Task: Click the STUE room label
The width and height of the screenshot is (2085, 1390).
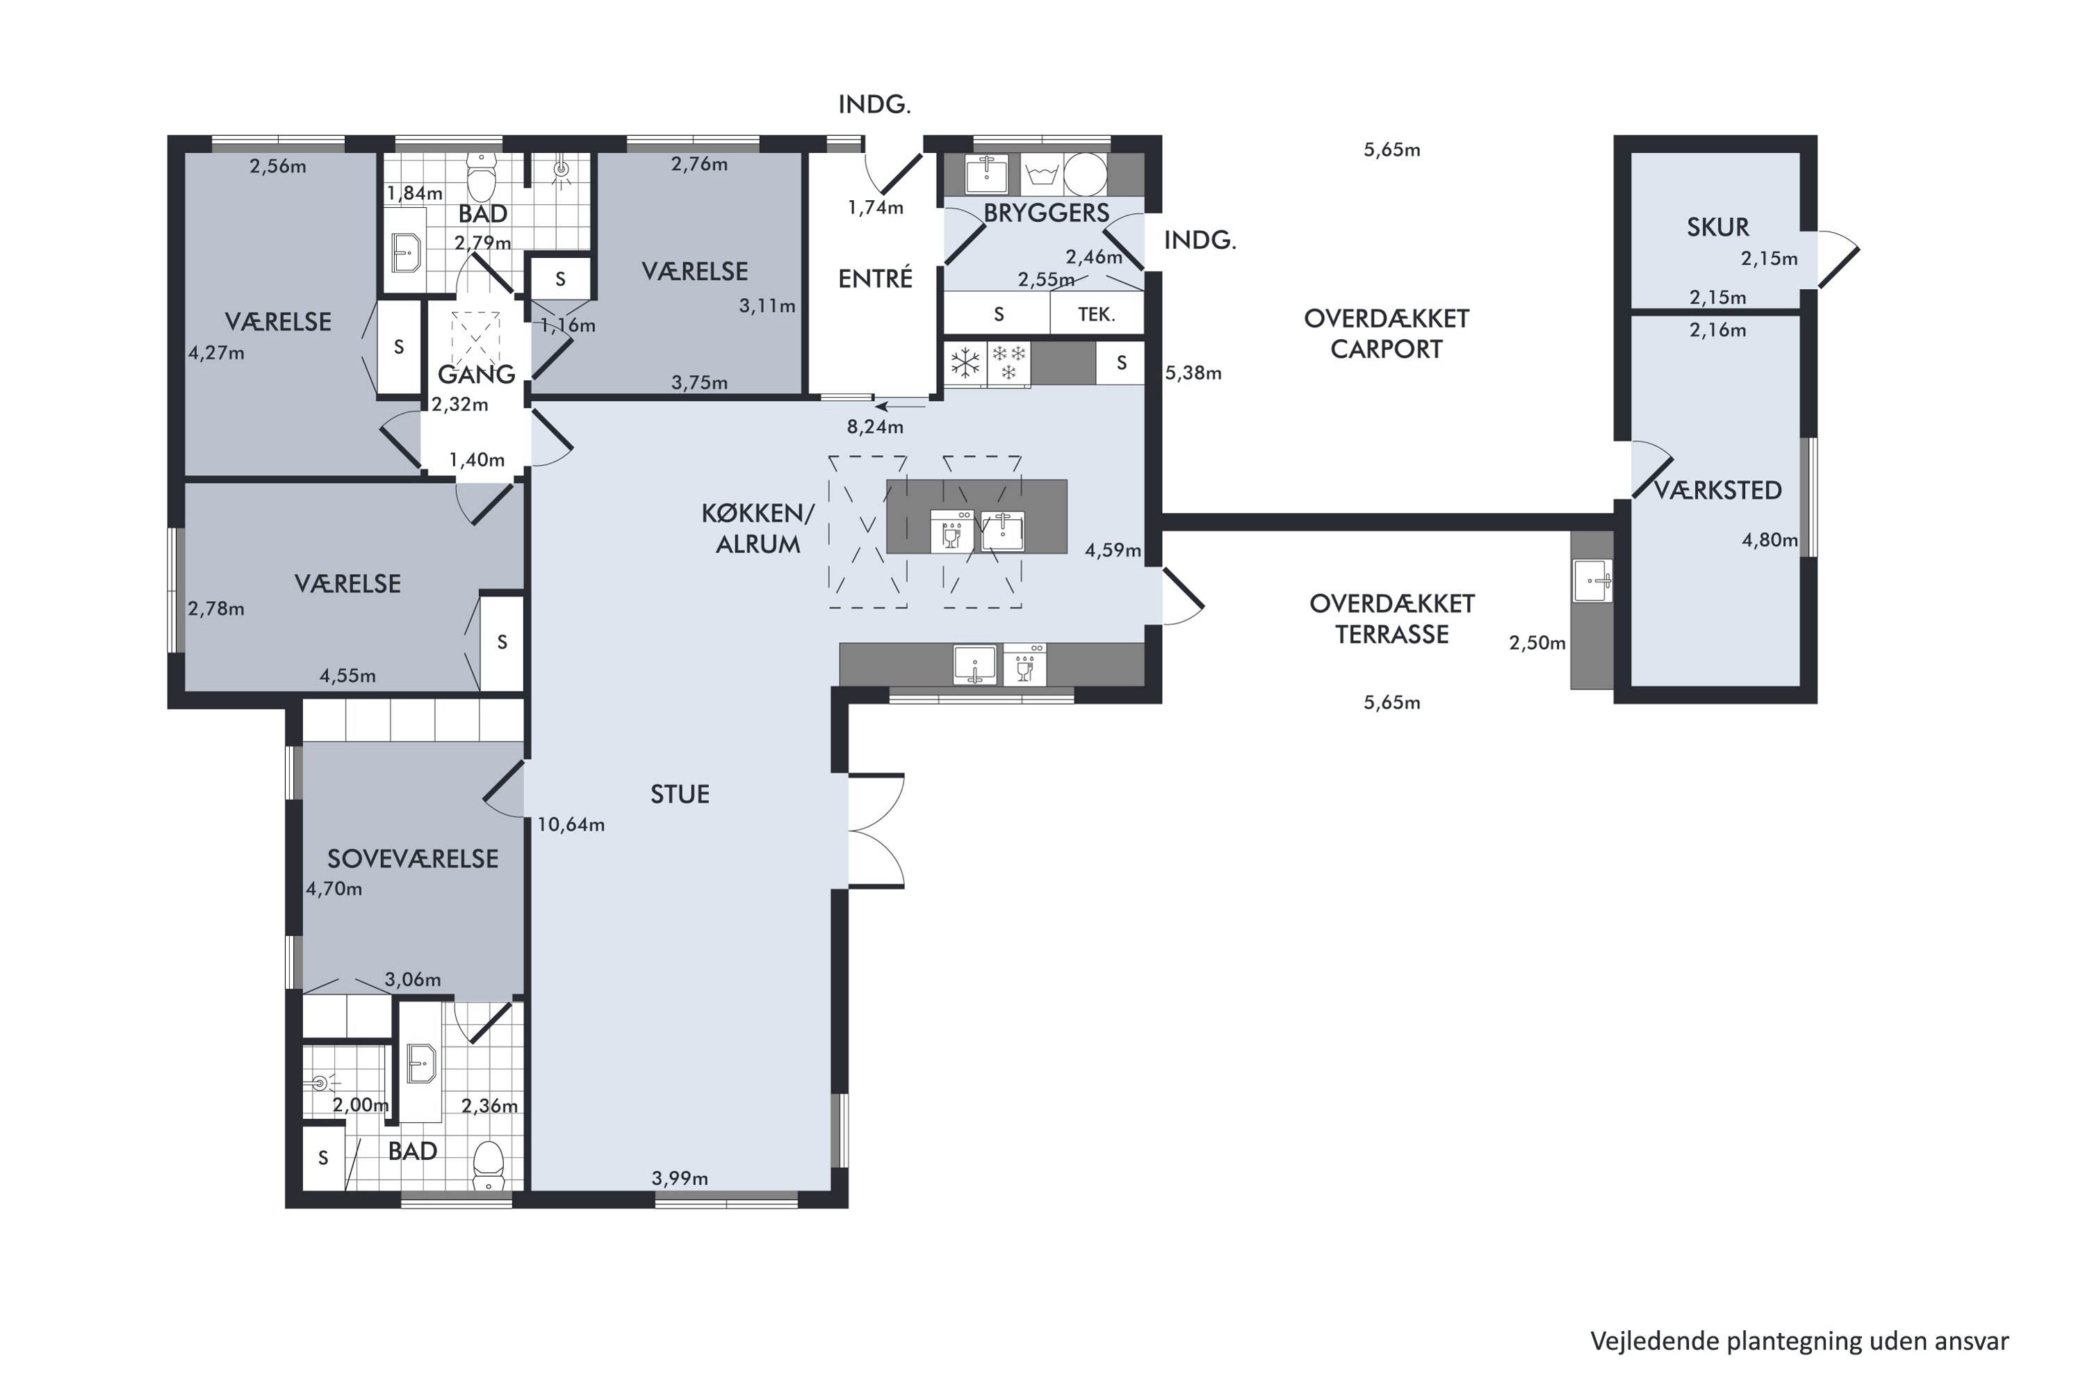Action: pyautogui.click(x=680, y=794)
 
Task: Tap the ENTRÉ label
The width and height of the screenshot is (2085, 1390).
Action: pyautogui.click(x=875, y=279)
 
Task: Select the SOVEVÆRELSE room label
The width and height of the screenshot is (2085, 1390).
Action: pyautogui.click(x=413, y=858)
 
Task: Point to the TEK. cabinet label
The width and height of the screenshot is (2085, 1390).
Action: pyautogui.click(x=1097, y=314)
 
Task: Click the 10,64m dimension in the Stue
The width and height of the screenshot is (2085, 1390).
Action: pyautogui.click(x=571, y=824)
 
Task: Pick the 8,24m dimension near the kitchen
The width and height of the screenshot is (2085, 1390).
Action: pyautogui.click(x=875, y=427)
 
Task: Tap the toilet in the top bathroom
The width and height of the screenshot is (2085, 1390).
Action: pyautogui.click(x=482, y=177)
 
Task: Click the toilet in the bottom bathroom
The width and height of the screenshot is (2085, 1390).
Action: pyautogui.click(x=489, y=1165)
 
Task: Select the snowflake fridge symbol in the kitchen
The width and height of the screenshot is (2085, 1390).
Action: pyautogui.click(x=965, y=363)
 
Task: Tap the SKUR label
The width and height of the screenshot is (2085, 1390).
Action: pyautogui.click(x=1718, y=227)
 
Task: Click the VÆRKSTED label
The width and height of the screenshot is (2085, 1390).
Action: pyautogui.click(x=1718, y=490)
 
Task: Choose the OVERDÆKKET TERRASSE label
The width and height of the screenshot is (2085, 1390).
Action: pyautogui.click(x=1392, y=619)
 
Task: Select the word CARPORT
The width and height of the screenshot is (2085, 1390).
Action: pyautogui.click(x=1387, y=350)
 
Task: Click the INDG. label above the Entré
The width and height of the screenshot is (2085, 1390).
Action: pyautogui.click(x=875, y=105)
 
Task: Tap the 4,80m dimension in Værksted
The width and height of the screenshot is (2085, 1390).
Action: pyautogui.click(x=1769, y=540)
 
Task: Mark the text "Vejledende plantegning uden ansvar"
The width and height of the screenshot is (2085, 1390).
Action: pyautogui.click(x=1799, y=1341)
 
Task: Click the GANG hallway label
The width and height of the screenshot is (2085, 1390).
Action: pyautogui.click(x=476, y=374)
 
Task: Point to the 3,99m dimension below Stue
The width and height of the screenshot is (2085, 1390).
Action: pyautogui.click(x=680, y=1178)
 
